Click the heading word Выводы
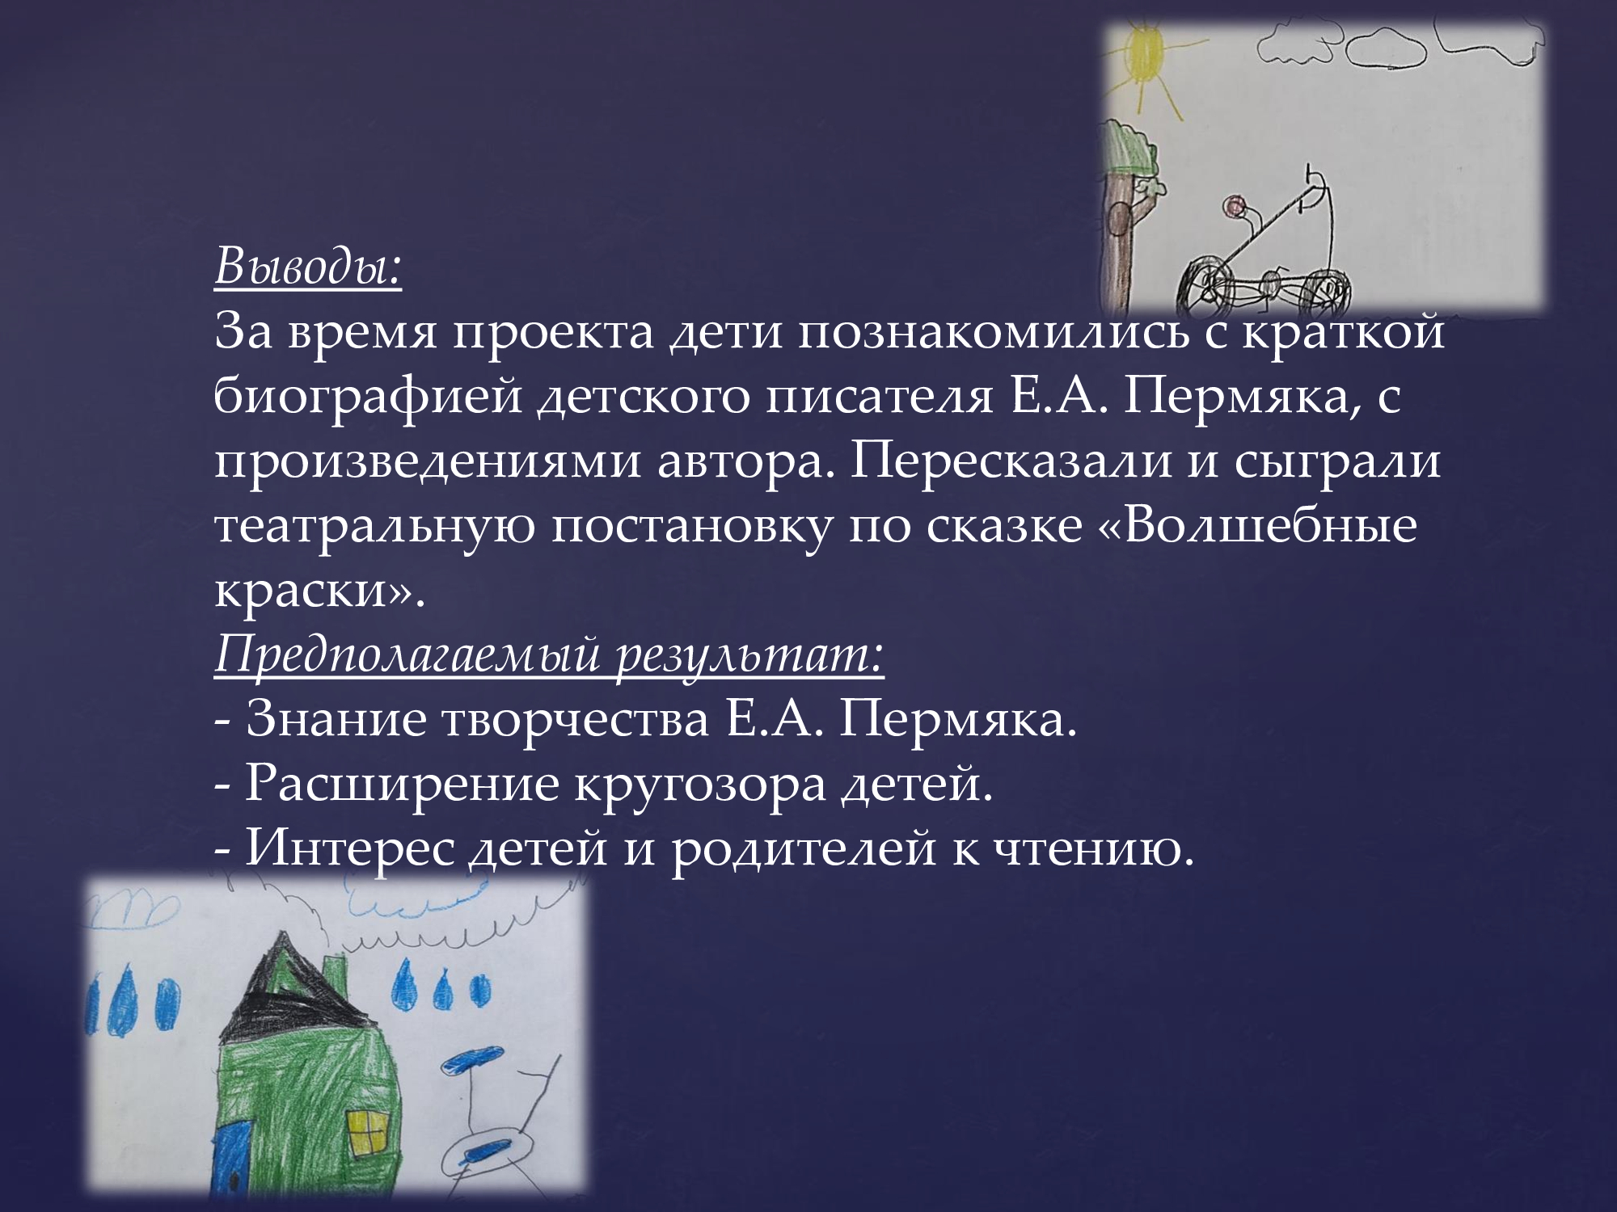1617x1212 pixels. pyautogui.click(x=308, y=269)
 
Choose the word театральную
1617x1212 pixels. pyautogui.click(x=373, y=528)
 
